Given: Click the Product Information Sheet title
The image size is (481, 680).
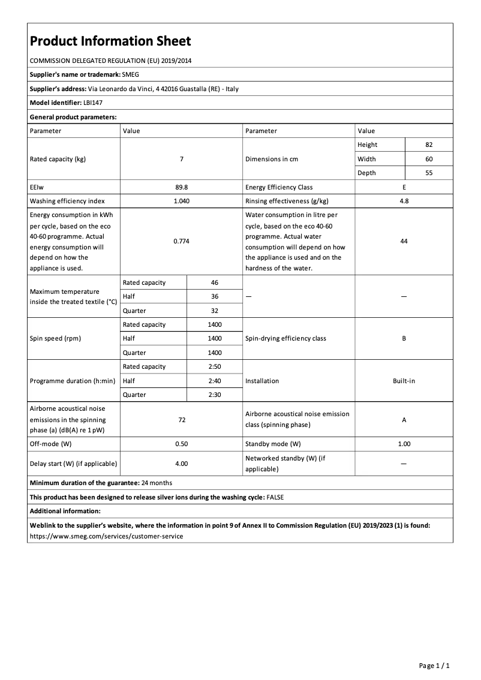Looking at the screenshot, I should pyautogui.click(x=110, y=41).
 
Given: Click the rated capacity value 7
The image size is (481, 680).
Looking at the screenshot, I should pyautogui.click(x=181, y=159).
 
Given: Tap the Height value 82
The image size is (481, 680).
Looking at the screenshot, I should pyautogui.click(x=429, y=145).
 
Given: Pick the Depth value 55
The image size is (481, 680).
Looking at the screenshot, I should pyautogui.click(x=429, y=173).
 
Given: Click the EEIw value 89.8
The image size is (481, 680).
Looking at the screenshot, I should pyautogui.click(x=181, y=187).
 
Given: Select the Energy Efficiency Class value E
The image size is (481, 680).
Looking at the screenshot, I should pyautogui.click(x=404, y=187).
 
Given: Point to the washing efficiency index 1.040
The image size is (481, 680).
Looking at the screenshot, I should pyautogui.click(x=181, y=201).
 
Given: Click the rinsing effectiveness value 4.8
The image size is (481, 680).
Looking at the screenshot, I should pyautogui.click(x=404, y=201).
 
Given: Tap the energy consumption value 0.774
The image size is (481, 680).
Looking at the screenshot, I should pyautogui.click(x=181, y=240).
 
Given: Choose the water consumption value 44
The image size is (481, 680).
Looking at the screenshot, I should pyautogui.click(x=404, y=240).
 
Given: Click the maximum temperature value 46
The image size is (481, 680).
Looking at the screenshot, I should pyautogui.click(x=215, y=282).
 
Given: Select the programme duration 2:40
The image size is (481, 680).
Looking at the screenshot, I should pyautogui.click(x=215, y=381).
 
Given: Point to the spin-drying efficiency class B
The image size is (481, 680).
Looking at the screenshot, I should pyautogui.click(x=404, y=338).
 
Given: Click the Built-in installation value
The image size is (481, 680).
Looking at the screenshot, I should pyautogui.click(x=404, y=381).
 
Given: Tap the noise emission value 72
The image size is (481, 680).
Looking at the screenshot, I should pyautogui.click(x=181, y=420).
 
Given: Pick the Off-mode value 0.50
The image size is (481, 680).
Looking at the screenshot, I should pyautogui.click(x=181, y=444).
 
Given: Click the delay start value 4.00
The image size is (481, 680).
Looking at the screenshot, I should pyautogui.click(x=181, y=464).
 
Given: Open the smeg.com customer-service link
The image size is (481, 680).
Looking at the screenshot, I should pyautogui.click(x=106, y=536).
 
